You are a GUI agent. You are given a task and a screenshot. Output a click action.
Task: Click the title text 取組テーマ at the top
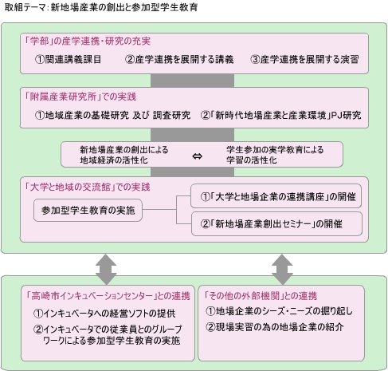point(25,7)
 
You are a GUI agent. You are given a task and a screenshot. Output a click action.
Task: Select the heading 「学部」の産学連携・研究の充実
point(88,41)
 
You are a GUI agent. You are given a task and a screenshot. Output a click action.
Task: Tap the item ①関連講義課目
point(68,59)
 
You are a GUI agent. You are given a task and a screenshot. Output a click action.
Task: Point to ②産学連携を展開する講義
point(179,59)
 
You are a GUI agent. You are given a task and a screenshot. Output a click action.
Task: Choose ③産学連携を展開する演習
point(304,59)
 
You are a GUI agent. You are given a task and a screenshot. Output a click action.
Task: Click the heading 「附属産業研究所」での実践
point(80,97)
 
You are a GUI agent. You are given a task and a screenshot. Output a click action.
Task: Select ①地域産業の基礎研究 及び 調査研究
point(113,115)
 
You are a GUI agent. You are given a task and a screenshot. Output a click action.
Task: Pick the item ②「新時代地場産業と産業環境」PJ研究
point(281,115)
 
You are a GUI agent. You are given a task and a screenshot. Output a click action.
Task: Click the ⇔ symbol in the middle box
point(197,156)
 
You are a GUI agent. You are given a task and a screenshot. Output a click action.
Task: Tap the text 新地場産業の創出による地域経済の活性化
point(124,155)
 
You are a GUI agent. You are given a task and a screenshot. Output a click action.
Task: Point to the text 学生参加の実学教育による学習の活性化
point(275,155)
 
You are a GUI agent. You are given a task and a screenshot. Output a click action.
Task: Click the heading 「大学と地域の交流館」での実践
point(87,187)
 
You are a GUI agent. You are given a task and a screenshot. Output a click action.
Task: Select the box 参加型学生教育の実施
point(88,210)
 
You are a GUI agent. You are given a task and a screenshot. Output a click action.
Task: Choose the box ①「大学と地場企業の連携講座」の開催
point(276,196)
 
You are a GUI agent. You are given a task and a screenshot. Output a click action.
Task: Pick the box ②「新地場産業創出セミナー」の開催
point(276,224)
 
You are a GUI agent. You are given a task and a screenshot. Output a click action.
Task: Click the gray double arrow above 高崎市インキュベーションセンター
point(106,269)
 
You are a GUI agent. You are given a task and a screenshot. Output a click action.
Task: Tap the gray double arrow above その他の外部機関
point(282,269)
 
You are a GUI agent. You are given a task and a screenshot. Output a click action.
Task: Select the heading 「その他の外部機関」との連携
point(261,295)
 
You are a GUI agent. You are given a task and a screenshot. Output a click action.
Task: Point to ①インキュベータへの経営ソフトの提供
point(104,314)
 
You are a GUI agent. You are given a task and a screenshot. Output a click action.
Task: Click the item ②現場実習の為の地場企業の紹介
point(275,326)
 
